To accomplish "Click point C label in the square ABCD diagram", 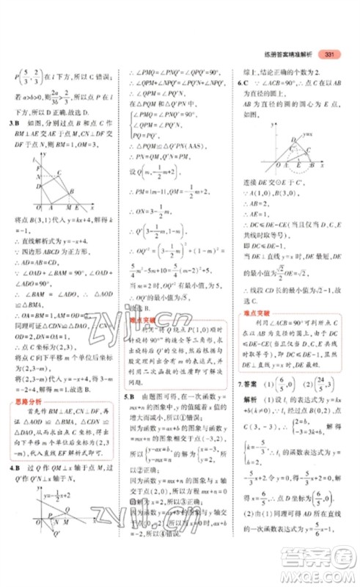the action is [x=59, y=173].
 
